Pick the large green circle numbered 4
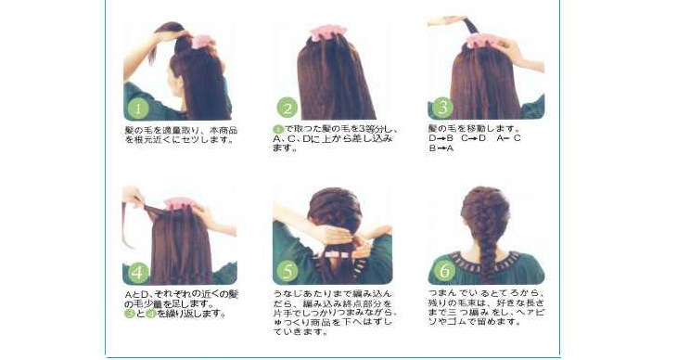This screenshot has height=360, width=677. [x=137, y=273]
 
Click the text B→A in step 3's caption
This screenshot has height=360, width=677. [x=441, y=147]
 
